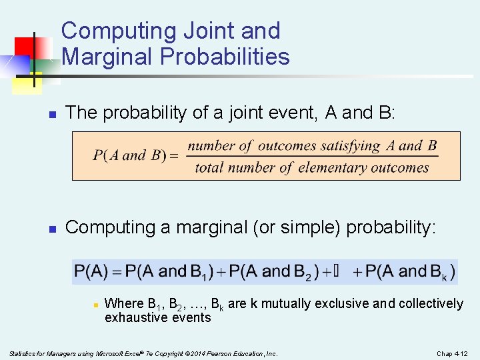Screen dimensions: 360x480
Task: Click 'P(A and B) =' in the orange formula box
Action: [135, 156]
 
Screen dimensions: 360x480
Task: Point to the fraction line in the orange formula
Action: [312, 157]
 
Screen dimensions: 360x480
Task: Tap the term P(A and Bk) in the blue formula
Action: [411, 271]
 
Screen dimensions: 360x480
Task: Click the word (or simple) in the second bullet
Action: [295, 227]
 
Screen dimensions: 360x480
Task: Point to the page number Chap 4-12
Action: [453, 353]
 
